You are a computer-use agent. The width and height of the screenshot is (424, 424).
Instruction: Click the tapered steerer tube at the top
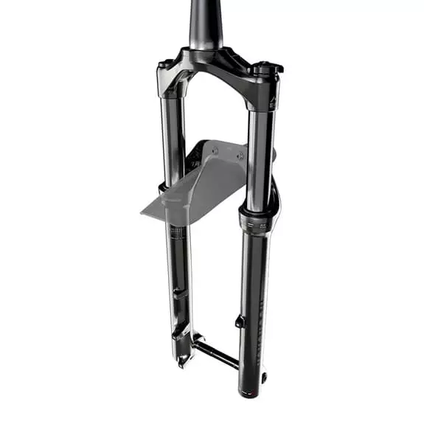coord(206,22)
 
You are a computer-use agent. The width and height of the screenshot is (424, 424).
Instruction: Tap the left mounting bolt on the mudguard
coord(215,150)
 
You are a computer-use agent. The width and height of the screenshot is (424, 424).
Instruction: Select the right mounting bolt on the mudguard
coord(239,156)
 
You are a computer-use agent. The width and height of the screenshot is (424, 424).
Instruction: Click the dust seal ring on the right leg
coord(255,213)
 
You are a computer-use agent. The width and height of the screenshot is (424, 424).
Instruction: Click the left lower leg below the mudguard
coord(179,280)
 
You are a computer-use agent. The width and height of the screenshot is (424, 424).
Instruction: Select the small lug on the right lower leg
coord(239,322)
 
